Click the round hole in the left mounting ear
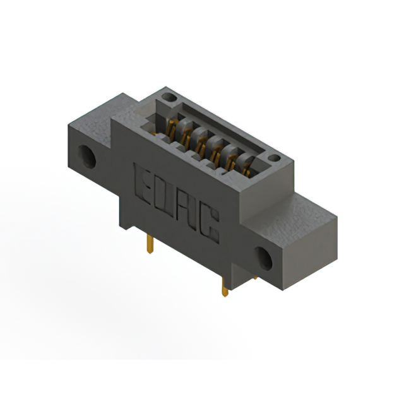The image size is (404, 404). pos(87,156)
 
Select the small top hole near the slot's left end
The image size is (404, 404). pos(167,98)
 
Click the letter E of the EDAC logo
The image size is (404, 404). pos(144,180)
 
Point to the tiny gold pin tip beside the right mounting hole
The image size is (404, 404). pos(254,276)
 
